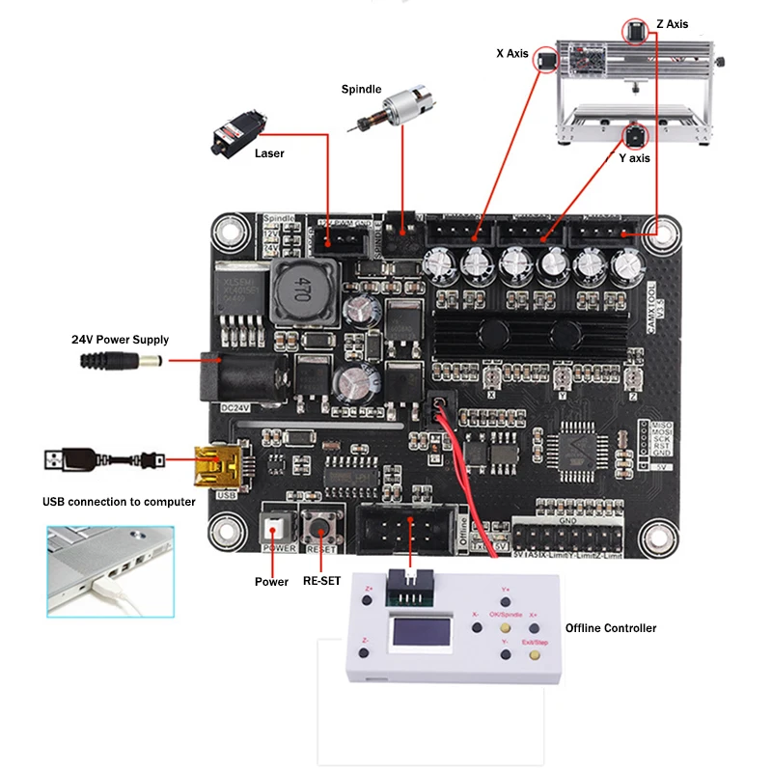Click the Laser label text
269,153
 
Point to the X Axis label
512,54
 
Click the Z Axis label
672,24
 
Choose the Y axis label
634,157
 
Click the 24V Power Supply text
120,340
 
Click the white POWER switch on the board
278,526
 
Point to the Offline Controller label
610,628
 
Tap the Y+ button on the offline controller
506,601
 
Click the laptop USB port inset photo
110,571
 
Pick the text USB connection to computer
119,502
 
